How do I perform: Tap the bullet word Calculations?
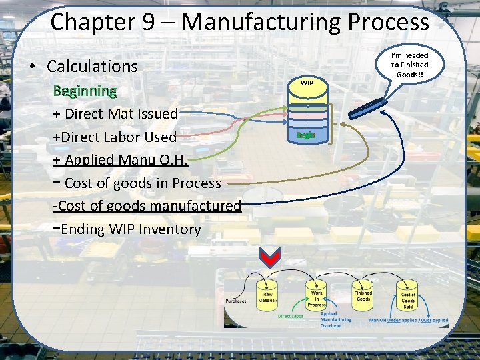pos(92,66)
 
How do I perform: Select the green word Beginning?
pos(85,90)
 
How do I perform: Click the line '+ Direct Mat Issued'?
pos(115,113)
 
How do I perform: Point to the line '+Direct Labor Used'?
pos(115,137)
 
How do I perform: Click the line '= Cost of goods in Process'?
pos(137,183)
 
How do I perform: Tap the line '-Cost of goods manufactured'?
pos(147,206)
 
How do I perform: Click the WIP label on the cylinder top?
pos(307,83)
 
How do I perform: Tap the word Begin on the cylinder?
pos(306,135)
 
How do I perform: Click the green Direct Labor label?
pos(291,316)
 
